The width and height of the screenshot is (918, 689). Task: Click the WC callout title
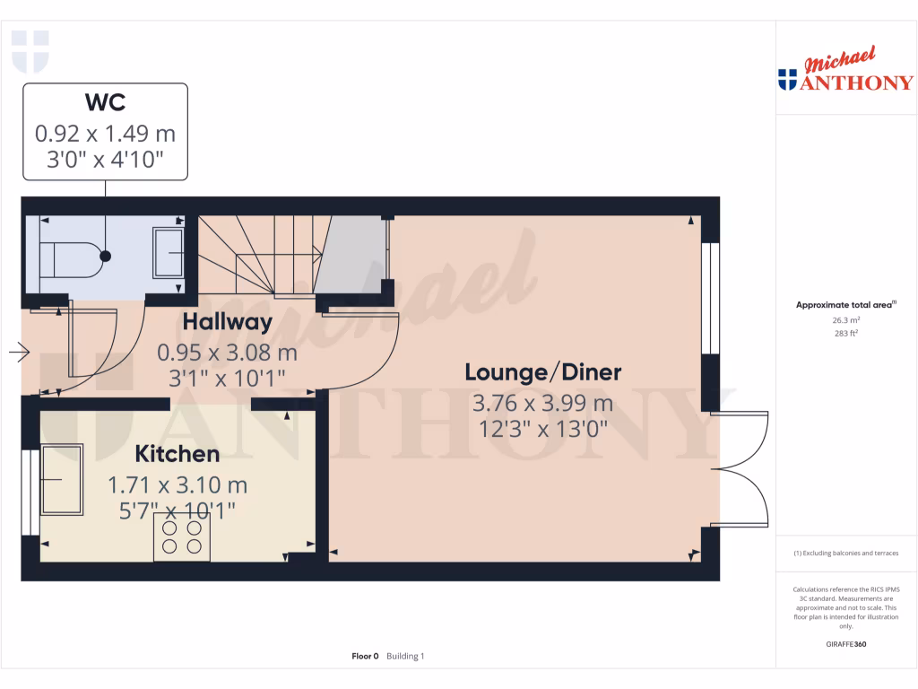click(x=105, y=102)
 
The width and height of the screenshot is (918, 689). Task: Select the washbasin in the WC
click(x=168, y=253)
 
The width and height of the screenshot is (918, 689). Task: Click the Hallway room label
click(x=227, y=322)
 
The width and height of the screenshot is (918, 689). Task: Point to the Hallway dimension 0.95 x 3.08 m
click(x=227, y=352)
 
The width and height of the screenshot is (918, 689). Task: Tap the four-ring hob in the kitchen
click(x=181, y=536)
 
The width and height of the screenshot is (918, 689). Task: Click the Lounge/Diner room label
click(x=542, y=372)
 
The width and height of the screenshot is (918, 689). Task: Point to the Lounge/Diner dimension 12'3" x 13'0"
click(x=542, y=429)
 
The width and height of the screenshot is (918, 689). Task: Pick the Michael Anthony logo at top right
click(x=845, y=71)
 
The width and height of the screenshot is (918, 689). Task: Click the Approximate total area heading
click(x=845, y=305)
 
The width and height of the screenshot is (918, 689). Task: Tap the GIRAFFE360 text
click(x=846, y=644)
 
